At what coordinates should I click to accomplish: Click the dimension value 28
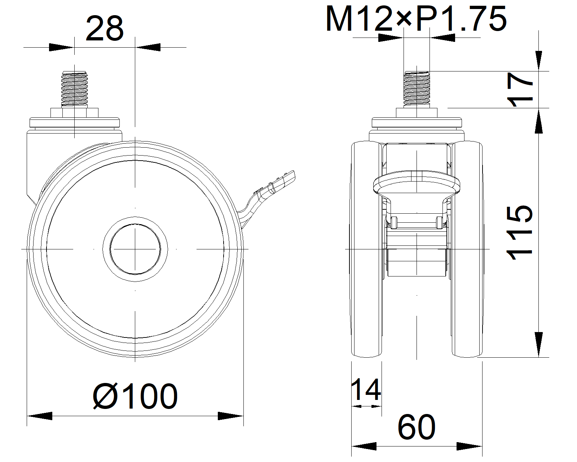tap(105, 29)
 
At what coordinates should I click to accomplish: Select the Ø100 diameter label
tap(135, 396)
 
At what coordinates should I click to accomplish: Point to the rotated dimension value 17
tap(520, 90)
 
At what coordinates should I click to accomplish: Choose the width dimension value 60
tap(417, 427)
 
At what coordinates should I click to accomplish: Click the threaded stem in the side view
tap(75, 88)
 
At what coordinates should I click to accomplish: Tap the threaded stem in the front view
tap(417, 88)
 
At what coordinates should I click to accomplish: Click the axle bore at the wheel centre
tap(135, 249)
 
